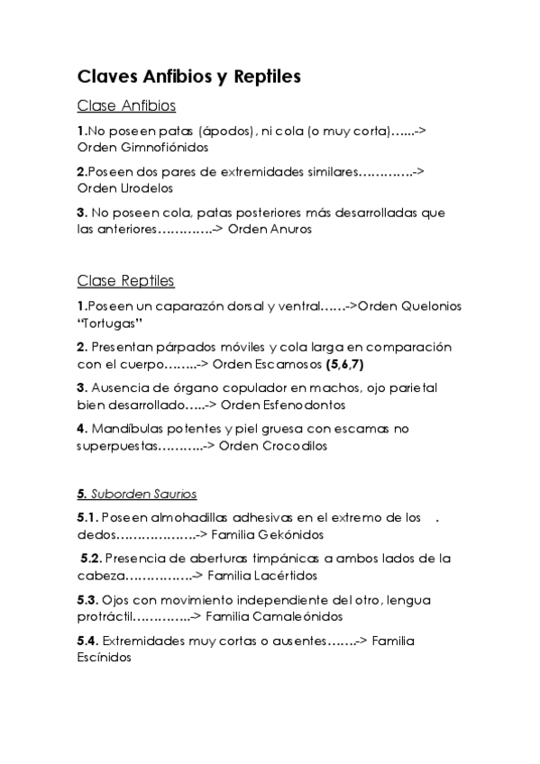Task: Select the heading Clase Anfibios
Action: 126,106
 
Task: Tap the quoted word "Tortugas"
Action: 111,323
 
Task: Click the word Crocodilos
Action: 296,445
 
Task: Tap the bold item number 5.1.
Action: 87,517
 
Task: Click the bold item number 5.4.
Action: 87,641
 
